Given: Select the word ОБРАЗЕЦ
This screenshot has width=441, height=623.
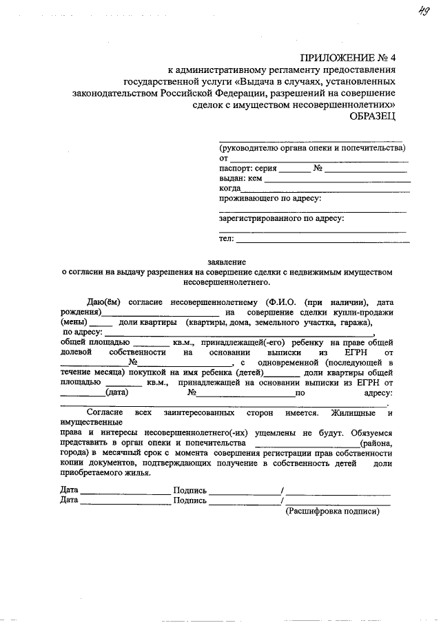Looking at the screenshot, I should point(373,116).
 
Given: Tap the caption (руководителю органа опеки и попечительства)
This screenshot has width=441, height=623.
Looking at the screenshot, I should point(312,148).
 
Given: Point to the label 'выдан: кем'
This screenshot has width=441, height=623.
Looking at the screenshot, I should point(240,178).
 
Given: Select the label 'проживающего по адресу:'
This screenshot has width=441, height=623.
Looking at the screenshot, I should point(269,198).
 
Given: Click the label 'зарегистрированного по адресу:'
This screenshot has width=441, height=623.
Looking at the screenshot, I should point(281,218).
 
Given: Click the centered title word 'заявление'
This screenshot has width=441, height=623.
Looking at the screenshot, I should point(227,262).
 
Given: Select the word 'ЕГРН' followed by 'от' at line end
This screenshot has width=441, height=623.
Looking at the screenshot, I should point(345,352).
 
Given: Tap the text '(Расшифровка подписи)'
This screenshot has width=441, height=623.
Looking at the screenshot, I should point(333,511).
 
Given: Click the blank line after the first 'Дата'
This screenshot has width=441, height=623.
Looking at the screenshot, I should point(125,491).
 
